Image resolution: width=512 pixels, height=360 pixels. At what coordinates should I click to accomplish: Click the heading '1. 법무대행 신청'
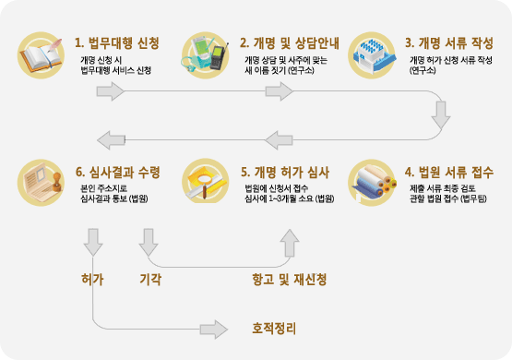pos(117,42)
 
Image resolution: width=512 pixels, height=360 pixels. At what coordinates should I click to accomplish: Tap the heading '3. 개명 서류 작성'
pos(450,42)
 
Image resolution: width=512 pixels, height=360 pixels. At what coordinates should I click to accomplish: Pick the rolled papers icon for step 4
pos(373,184)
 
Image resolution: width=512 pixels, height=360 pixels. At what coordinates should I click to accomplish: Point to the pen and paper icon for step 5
pos(208,184)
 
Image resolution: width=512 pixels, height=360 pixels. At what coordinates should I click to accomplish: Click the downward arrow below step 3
pos(442,114)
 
